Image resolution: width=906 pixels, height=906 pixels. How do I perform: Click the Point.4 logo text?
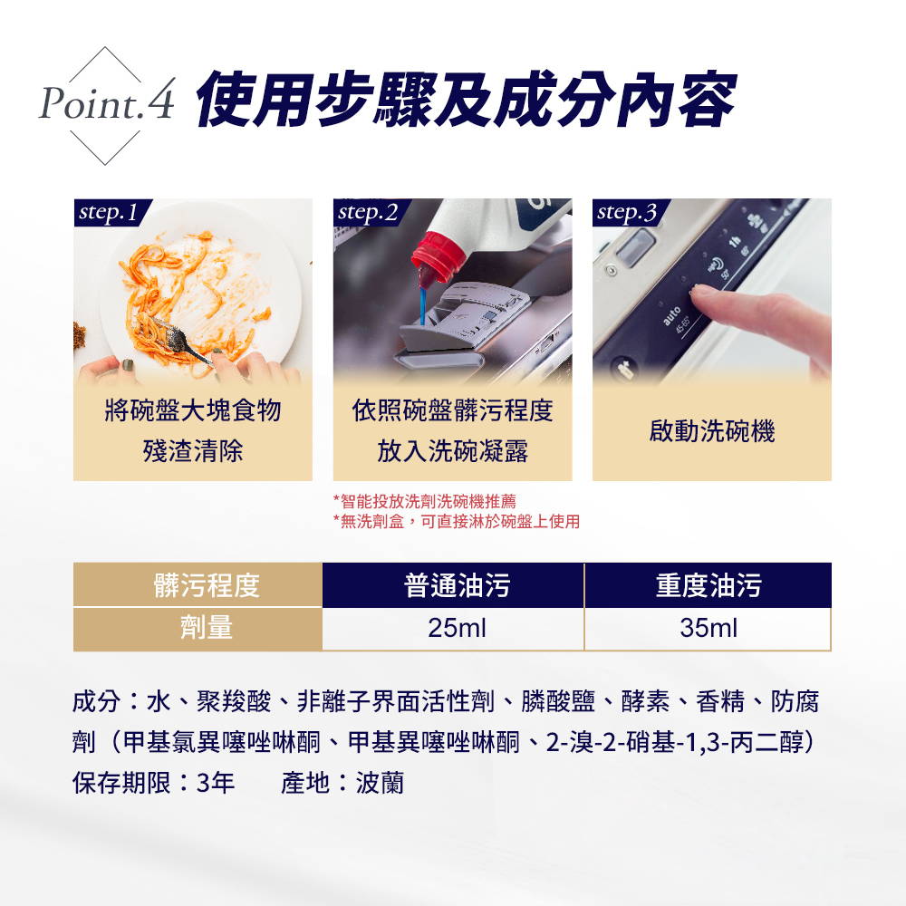coord(107,101)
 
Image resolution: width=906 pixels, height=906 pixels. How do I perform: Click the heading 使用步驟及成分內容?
coord(467,99)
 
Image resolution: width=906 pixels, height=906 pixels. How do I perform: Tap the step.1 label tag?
coord(112,212)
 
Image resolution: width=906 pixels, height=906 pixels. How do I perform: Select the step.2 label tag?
coord(371,212)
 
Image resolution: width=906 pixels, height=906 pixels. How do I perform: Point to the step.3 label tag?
coord(631,212)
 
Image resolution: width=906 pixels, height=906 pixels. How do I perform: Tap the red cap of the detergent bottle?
coord(438,258)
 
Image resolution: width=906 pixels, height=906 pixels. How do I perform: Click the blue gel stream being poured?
coord(423,305)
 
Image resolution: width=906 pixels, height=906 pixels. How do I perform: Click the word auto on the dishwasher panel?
coord(671,316)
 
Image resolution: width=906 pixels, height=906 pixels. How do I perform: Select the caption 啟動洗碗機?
coord(712,431)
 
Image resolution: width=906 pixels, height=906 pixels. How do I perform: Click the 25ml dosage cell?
coord(457,628)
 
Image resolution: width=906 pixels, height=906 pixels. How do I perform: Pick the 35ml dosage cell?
coord(708,628)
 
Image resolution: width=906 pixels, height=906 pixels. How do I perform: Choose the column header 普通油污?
coord(457,585)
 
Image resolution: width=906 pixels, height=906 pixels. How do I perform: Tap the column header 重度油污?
coord(708,585)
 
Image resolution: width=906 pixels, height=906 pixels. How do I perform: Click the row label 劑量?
coord(207,628)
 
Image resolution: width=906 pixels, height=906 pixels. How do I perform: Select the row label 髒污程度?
coord(207,585)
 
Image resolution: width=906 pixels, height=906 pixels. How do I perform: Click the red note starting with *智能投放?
coord(425,501)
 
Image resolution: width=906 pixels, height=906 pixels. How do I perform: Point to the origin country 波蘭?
coord(380,783)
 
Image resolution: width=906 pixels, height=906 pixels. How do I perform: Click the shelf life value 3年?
coord(216,783)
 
